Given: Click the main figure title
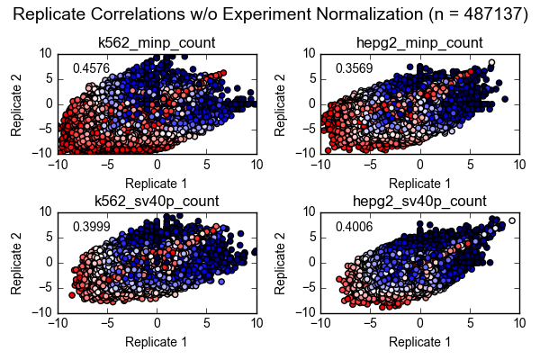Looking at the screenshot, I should (270, 15).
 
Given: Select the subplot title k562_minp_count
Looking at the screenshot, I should (157, 43).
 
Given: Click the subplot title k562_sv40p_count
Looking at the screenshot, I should (157, 201).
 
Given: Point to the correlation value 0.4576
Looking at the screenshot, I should (91, 68).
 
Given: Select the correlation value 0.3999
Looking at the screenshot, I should (91, 227).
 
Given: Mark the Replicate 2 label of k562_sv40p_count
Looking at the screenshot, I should (16, 262).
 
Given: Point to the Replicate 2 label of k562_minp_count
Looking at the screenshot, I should (16, 103).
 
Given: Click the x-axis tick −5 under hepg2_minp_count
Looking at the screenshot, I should (369, 165).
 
